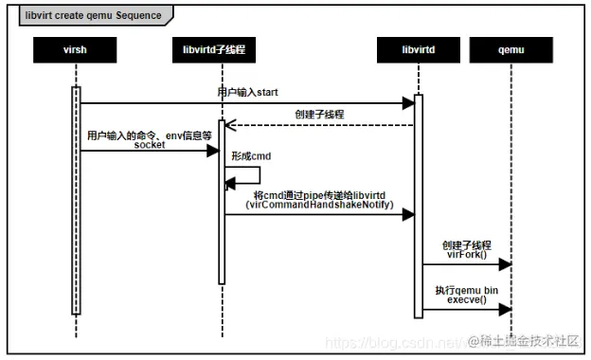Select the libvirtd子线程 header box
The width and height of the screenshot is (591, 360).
click(221, 48)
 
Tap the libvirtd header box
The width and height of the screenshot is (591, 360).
click(417, 48)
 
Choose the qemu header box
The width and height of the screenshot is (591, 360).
click(511, 48)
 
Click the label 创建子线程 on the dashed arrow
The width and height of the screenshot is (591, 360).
click(320, 113)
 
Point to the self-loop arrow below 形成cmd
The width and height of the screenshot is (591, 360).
click(248, 175)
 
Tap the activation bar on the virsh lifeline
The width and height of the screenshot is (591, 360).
click(75, 199)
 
